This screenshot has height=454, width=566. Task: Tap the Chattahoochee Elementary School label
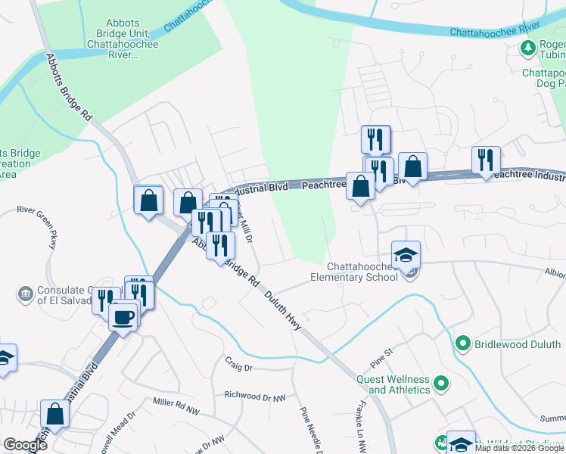pyautogui.click(x=363, y=272)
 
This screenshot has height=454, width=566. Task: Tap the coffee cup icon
pyautogui.click(x=123, y=316)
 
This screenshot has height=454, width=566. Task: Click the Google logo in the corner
pyautogui.click(x=24, y=445)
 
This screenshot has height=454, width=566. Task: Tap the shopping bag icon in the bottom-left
pyautogui.click(x=54, y=413)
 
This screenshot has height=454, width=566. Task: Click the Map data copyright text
pyautogui.click(x=519, y=449)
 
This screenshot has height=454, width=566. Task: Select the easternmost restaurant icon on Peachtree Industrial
pyautogui.click(x=485, y=160)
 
